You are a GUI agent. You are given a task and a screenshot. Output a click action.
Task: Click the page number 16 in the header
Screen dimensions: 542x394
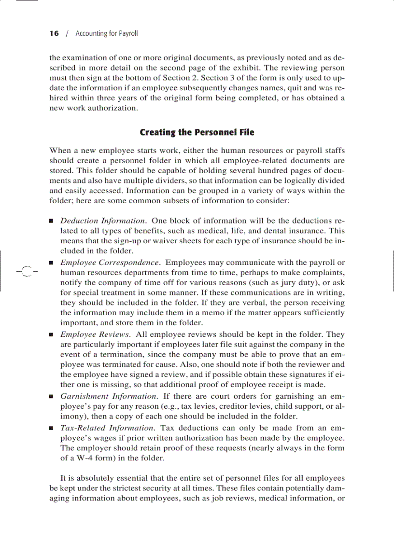point(54,33)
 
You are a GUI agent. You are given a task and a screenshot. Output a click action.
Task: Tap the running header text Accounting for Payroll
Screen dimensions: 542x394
point(107,33)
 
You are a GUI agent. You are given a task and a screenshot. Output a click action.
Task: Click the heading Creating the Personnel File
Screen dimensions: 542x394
point(197,132)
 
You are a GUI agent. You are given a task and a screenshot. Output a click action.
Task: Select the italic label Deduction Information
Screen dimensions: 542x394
point(103,221)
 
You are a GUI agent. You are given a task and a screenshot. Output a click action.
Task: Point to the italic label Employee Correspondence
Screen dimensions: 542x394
point(110,263)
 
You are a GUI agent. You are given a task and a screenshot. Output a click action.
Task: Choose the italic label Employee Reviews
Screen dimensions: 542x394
point(95,334)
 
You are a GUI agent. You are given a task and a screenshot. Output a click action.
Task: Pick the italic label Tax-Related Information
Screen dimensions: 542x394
point(107,428)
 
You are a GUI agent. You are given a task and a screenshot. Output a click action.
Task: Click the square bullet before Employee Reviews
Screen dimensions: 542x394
point(51,334)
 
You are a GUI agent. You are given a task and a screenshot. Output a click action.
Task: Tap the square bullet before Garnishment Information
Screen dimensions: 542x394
point(51,397)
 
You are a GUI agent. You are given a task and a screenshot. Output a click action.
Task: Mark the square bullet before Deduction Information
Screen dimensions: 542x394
point(51,222)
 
